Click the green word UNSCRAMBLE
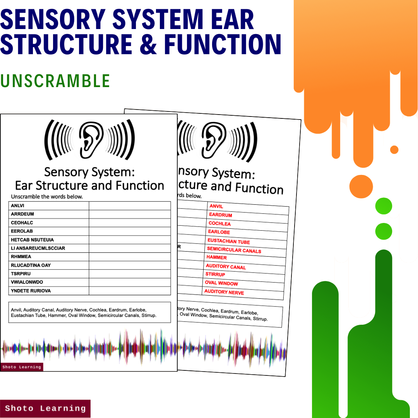point(55,81)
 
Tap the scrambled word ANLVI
point(17,206)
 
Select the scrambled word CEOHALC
point(22,223)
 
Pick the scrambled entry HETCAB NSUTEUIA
point(33,240)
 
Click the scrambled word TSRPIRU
point(21,274)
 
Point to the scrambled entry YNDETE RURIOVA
point(31,291)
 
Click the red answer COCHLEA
point(219,224)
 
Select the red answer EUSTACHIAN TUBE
point(229,241)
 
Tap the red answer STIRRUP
point(215,274)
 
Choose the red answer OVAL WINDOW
point(221,283)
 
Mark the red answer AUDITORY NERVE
point(224,292)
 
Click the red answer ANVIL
point(216,206)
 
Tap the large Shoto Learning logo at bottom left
point(45,408)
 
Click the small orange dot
point(394,149)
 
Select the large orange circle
point(361,186)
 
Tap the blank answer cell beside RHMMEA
point(130,257)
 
